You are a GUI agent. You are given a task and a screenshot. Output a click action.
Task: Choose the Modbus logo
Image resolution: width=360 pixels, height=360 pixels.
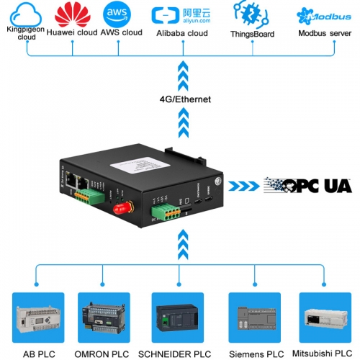click(x=318, y=14)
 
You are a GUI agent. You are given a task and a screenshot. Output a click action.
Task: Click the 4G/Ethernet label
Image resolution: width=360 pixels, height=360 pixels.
click(x=185, y=99)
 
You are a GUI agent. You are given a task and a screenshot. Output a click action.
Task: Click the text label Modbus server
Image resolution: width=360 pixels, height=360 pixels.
click(x=320, y=33)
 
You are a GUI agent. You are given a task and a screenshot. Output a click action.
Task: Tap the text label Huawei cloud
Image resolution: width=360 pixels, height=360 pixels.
click(x=76, y=33)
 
